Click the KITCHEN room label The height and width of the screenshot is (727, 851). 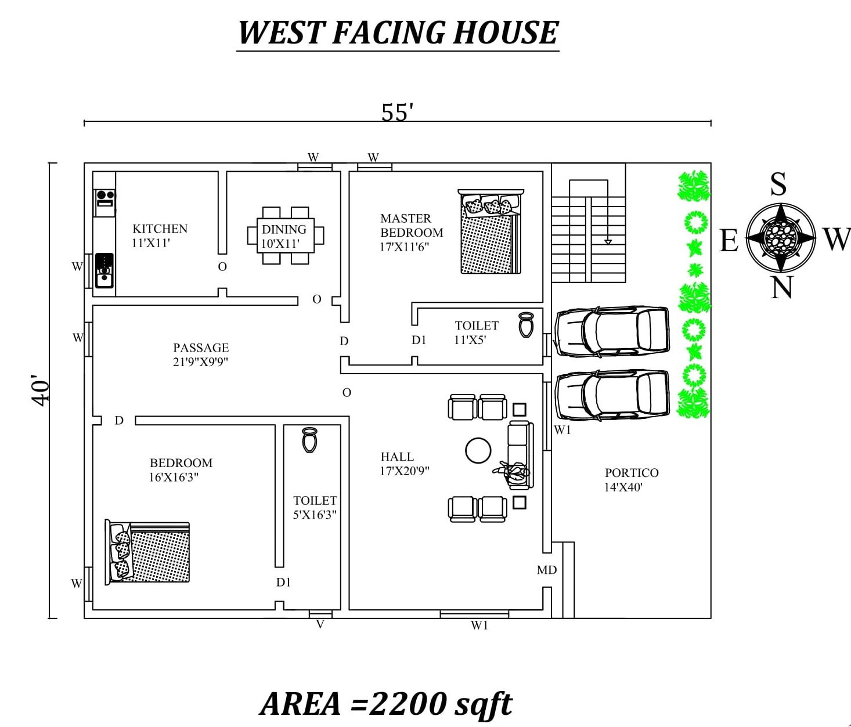(x=160, y=229)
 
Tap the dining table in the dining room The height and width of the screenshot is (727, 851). (x=286, y=236)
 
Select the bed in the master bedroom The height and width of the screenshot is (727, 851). (x=491, y=232)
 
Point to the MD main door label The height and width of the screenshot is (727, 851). (x=547, y=570)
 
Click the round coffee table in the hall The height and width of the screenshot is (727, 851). (x=478, y=450)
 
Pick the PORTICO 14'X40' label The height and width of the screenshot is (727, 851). (x=632, y=480)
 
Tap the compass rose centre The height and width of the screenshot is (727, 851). (x=781, y=237)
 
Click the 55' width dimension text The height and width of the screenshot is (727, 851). (x=397, y=112)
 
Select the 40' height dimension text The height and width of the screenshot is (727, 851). (x=41, y=390)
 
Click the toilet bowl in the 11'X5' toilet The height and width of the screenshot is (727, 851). (x=526, y=324)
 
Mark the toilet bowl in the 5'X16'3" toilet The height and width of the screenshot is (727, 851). (x=309, y=440)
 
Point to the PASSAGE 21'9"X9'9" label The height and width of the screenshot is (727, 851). (x=200, y=355)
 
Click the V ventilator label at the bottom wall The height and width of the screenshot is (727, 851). (x=320, y=624)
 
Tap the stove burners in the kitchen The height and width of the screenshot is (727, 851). (x=105, y=198)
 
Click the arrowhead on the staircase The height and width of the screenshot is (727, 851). (x=608, y=242)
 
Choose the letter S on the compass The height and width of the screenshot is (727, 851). (x=778, y=184)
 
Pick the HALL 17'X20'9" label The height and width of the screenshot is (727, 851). (x=404, y=463)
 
